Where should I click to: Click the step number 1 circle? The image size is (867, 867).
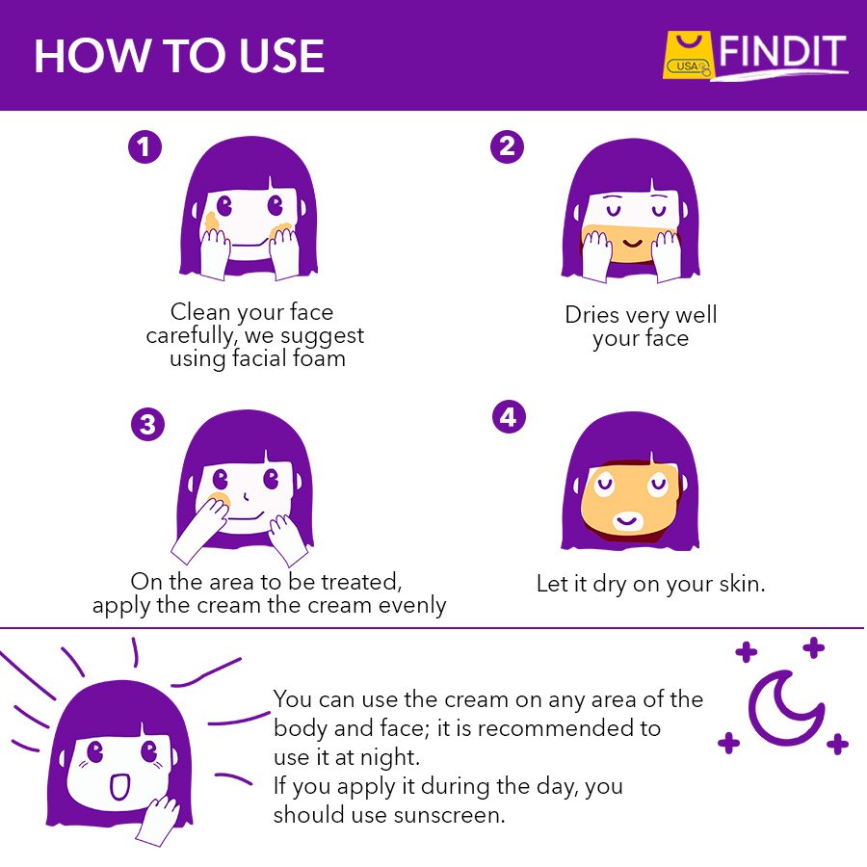[144, 147]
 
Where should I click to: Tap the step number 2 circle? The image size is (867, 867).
[507, 146]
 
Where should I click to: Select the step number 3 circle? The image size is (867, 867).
[147, 425]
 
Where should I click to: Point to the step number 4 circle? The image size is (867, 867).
[509, 417]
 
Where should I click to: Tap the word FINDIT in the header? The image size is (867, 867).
[782, 53]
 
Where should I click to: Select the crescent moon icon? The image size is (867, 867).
[784, 708]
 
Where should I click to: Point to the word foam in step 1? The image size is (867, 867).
[319, 358]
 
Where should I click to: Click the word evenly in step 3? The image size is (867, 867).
[412, 606]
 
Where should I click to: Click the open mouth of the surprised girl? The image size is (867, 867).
[119, 787]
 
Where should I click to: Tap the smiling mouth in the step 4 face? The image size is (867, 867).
[627, 520]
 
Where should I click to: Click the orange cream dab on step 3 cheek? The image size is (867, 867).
[220, 500]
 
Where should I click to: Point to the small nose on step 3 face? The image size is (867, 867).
[246, 496]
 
